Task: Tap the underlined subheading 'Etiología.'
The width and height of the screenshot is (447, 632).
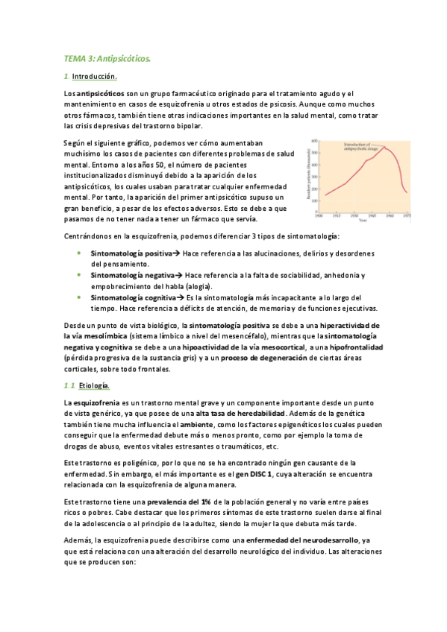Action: coord(93,385)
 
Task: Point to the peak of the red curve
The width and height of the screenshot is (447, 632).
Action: coord(384,148)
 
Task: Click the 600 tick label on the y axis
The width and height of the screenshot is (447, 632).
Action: coord(314,140)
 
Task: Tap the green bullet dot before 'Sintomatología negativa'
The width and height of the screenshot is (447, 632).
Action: coord(80,276)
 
